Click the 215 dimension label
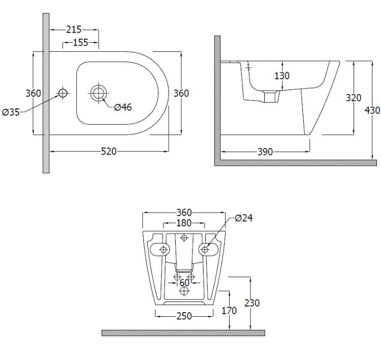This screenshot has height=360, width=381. (74, 29)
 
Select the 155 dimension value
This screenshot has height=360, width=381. (80, 43)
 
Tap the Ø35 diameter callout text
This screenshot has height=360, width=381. (11, 112)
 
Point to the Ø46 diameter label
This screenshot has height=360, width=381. (123, 107)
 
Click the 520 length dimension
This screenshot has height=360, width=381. (109, 152)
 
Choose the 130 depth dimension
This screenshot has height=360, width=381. (282, 76)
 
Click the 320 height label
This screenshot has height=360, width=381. (354, 98)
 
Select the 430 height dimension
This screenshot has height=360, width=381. (372, 110)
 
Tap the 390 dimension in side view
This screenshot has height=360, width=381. (265, 152)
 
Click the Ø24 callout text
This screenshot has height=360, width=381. (244, 218)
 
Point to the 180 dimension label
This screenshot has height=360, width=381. (184, 223)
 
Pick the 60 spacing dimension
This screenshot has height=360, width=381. (184, 283)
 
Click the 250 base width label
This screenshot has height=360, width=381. (184, 316)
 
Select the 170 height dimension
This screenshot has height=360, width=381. (229, 311)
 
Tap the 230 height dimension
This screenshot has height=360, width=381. (252, 303)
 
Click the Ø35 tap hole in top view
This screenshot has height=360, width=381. (63, 93)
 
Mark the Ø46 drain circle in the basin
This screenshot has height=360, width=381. (99, 93)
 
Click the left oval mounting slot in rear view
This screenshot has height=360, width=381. (160, 249)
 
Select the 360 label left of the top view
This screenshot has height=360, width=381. (34, 93)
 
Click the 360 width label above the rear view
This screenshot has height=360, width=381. (184, 213)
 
